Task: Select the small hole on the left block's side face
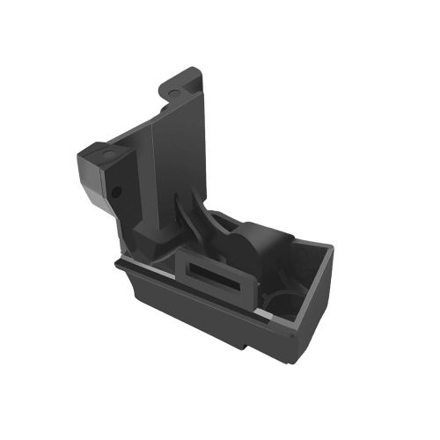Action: pyautogui.click(x=115, y=190)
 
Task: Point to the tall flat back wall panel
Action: pyautogui.click(x=180, y=150)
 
